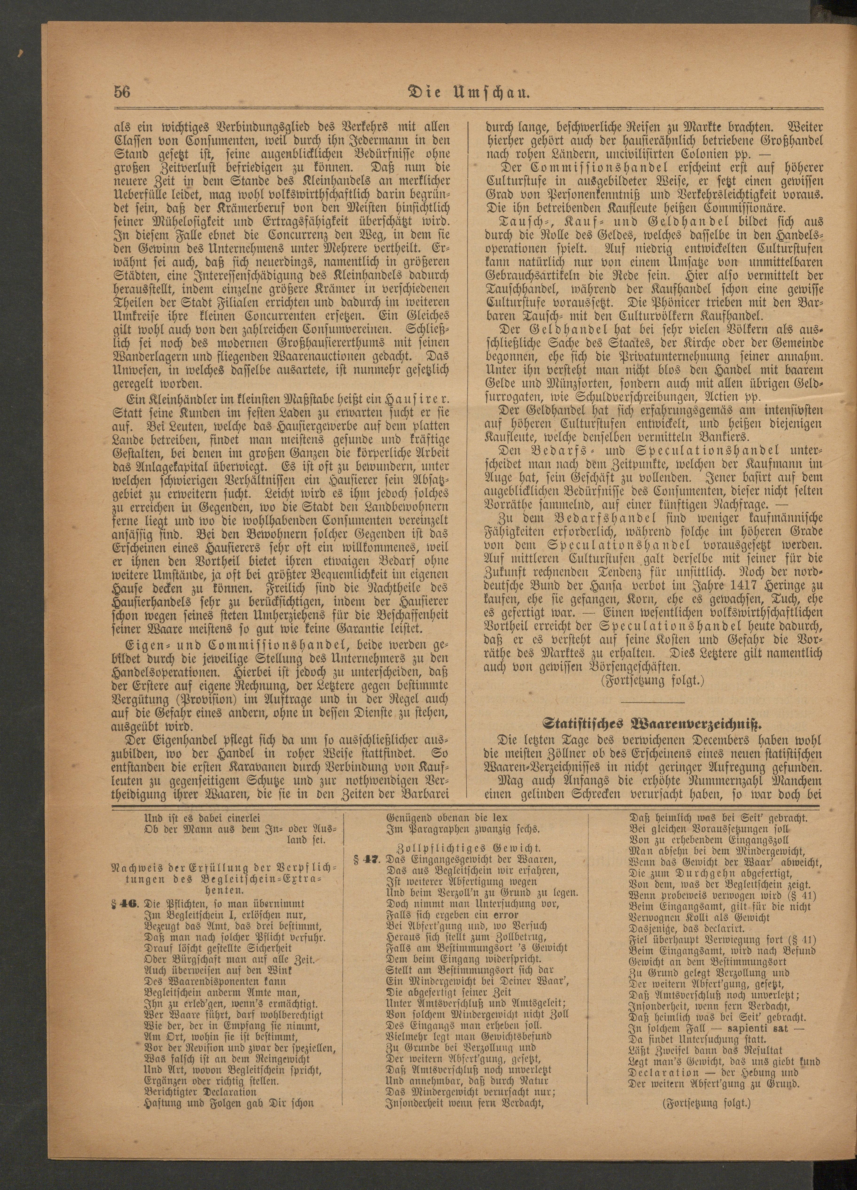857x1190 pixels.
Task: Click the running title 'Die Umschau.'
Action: click(470, 93)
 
